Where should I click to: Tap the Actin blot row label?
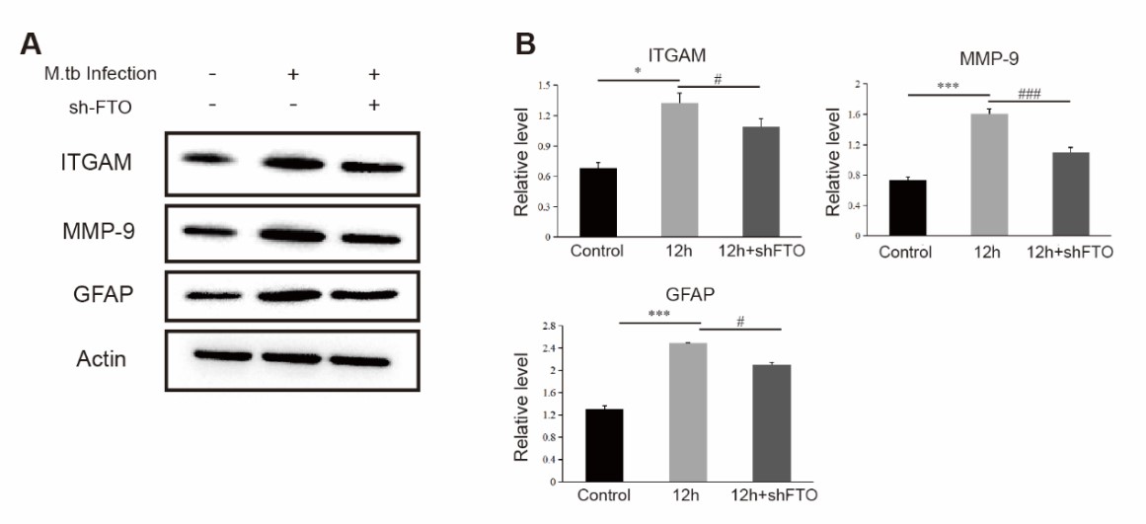(x=102, y=358)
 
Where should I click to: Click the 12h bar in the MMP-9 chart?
(x=990, y=176)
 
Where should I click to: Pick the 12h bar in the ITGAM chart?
(x=679, y=170)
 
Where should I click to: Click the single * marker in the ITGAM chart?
(x=639, y=73)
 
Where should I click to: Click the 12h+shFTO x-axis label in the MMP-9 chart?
(x=1071, y=252)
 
